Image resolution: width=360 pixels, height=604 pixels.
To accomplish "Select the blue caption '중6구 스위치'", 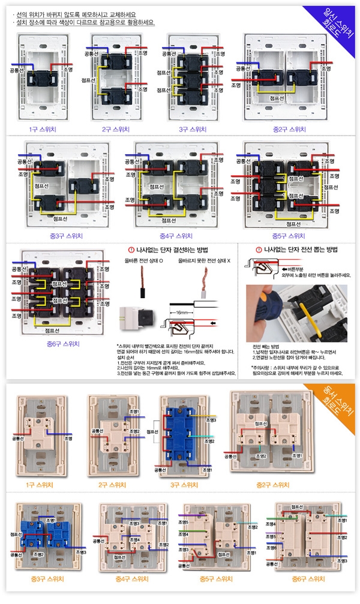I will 63,344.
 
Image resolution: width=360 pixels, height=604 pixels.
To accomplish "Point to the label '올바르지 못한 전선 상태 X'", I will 203,262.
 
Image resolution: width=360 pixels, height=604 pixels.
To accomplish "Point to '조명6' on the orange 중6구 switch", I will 270,548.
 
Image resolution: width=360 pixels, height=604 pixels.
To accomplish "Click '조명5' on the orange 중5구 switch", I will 184,522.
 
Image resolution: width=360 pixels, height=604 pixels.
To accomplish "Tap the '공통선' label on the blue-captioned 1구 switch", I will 19,70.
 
